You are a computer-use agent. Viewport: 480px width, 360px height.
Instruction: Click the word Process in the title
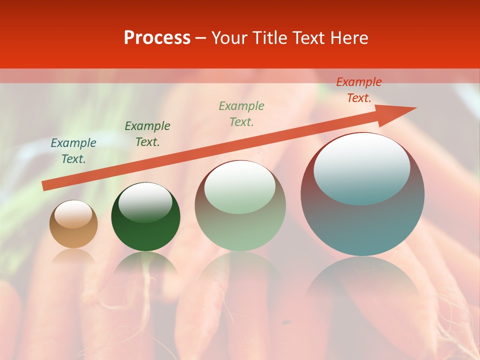point(157,38)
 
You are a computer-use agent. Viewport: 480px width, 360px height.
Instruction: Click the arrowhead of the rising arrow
point(400,113)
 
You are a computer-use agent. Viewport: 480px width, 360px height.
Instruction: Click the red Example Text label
point(359,90)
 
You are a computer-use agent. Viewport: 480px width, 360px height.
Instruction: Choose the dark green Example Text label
point(147,134)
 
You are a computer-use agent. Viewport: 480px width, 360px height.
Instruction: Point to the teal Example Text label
point(73,151)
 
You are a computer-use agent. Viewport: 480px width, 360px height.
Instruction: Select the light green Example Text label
point(241,114)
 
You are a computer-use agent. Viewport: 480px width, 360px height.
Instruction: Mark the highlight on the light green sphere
point(240,186)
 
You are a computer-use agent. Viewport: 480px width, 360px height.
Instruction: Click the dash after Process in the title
point(201,38)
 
